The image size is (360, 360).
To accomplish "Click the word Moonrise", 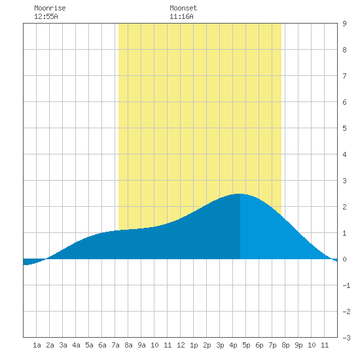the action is pos(50,8).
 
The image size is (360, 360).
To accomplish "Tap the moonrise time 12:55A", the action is pos(46,16).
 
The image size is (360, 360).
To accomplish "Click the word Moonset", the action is pos(183,8).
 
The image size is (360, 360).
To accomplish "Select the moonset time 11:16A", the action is pos(181,16).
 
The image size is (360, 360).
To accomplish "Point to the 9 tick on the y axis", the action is pos(344,24).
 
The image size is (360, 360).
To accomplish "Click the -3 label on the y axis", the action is pos(346,338).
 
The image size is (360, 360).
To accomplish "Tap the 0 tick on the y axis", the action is pos(344,259).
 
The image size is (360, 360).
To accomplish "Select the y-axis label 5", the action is pos(344,128).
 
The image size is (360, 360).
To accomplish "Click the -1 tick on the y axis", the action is pos(346,285).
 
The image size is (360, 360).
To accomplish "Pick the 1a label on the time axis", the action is pos(37,345).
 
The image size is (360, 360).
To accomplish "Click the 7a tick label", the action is pos(115,345).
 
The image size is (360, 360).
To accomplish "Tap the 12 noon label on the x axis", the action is pos(181,345).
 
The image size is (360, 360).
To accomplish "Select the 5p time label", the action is pos(246,345).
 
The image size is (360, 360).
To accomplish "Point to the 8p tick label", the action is pos(285,345).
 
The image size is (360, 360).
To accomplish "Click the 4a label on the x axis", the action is pos(76,345).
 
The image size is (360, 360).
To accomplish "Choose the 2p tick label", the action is pos(207,345).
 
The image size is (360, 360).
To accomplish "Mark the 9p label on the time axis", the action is pos(298,345).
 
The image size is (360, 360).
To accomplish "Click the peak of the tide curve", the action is pos(239,194).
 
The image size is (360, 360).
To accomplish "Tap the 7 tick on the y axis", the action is pos(344,76).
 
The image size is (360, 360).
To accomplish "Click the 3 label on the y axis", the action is pos(344,181).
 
